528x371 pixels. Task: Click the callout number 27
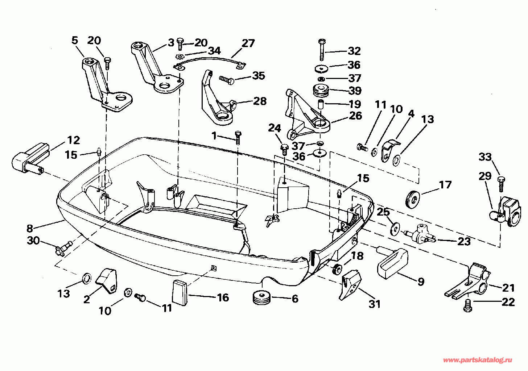[x=248, y=43]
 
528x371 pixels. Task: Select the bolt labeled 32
[x=321, y=50]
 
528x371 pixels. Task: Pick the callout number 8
[x=30, y=228]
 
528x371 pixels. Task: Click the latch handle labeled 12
[x=31, y=158]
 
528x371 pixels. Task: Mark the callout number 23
[x=464, y=241]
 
